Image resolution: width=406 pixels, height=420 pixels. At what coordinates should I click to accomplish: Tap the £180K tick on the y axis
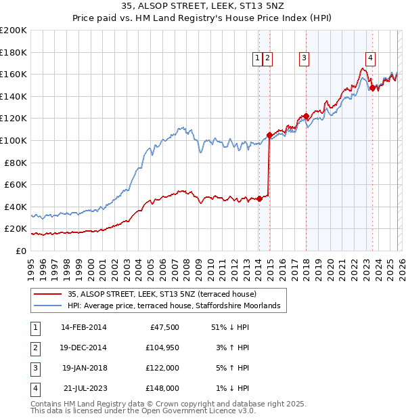click(14, 52)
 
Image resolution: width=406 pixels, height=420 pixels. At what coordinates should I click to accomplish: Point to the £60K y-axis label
click(16, 184)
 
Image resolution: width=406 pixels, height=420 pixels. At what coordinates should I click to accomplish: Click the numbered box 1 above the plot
click(258, 59)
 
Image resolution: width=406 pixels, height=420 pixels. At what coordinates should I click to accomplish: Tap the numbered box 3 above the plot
click(304, 59)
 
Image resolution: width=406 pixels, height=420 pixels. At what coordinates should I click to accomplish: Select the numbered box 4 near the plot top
click(371, 59)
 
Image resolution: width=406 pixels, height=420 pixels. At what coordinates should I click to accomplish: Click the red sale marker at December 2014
click(269, 135)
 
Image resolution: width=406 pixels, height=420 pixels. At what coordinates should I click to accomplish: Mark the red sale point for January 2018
click(306, 116)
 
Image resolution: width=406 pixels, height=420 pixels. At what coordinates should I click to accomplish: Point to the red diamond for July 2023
click(371, 87)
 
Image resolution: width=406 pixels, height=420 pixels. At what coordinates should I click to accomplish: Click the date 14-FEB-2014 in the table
click(84, 327)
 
